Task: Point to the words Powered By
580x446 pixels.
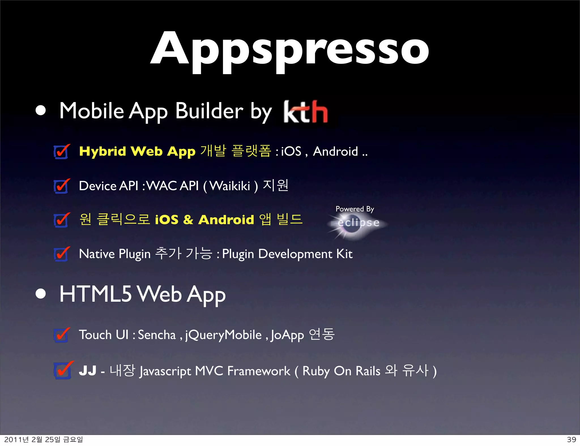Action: (x=355, y=209)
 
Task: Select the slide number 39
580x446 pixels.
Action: (x=571, y=439)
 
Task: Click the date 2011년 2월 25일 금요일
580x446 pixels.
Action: (x=44, y=439)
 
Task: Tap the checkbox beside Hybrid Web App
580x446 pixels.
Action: (x=61, y=152)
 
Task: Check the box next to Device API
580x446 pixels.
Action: (x=61, y=186)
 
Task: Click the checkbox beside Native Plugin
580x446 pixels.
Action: (x=61, y=254)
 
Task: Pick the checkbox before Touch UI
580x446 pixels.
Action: (x=61, y=335)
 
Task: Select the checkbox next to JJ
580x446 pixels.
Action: (x=62, y=371)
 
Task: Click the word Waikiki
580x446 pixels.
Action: (x=230, y=186)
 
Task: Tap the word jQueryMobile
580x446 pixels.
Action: (x=223, y=335)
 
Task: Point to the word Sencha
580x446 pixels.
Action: (x=157, y=335)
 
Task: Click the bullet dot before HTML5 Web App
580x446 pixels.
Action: (x=41, y=294)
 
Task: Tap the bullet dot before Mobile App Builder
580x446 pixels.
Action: (x=41, y=111)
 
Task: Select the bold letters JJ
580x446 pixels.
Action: (x=88, y=371)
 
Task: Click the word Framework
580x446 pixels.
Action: (x=259, y=371)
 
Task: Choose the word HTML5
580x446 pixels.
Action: (x=95, y=294)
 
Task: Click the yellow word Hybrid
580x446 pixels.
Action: (x=102, y=151)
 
